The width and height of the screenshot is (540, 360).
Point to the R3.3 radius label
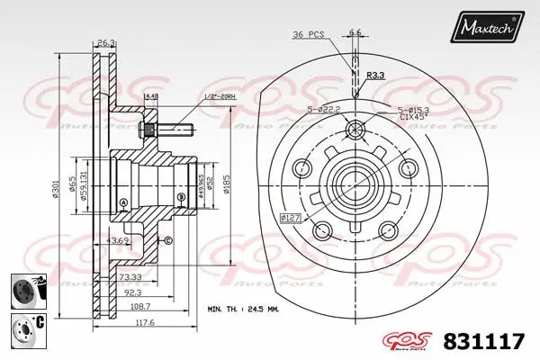pos(375,76)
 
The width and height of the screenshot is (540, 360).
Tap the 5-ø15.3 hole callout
pos(413,110)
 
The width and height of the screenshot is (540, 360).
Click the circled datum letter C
pos(167,239)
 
